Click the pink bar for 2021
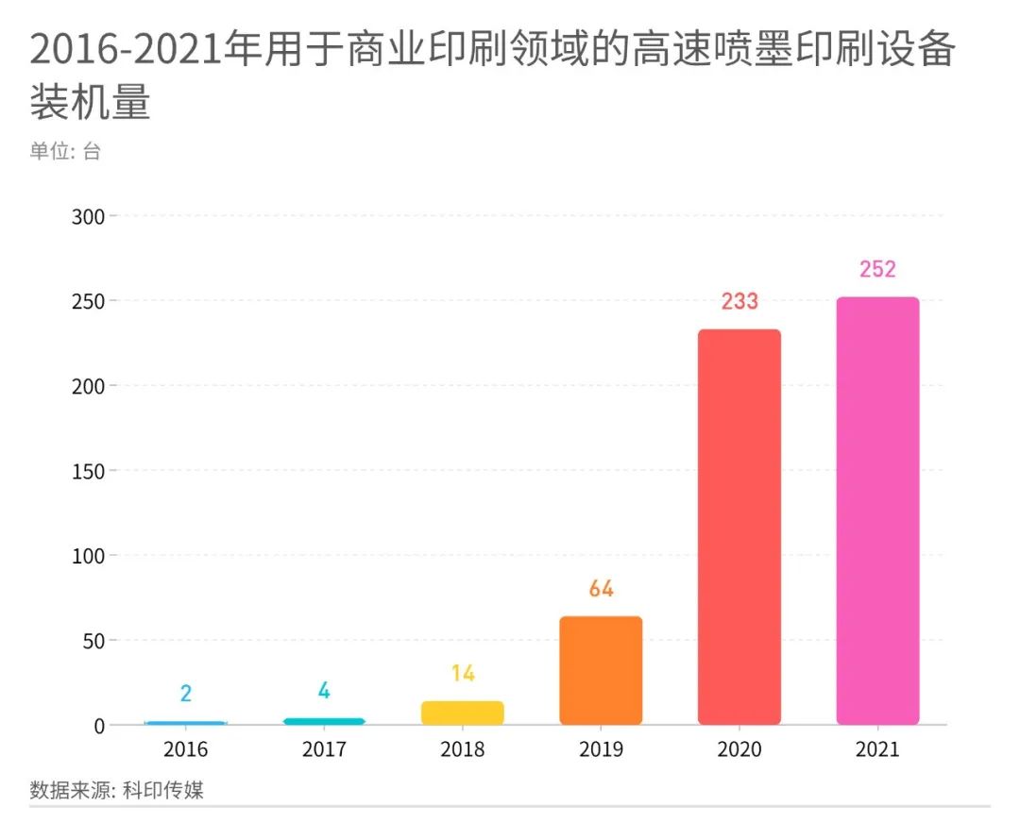877,511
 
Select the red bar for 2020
739,527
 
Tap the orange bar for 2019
601,670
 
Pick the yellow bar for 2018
462,713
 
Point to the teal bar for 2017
324,721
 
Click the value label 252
877,269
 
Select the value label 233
739,302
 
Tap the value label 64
601,589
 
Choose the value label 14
462,674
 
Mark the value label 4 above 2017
324,691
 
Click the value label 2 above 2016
186,694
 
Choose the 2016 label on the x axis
186,750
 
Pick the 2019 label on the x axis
601,750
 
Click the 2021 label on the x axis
877,750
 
